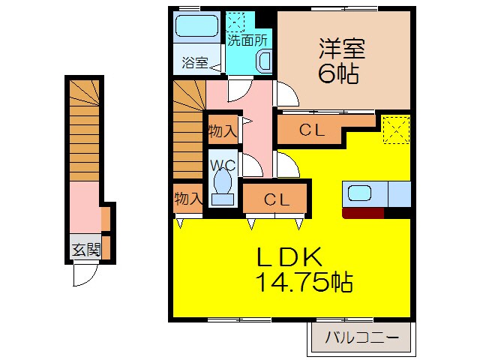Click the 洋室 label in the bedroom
pos(341,49)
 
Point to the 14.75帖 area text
pos(304,283)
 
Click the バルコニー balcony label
pos(362,337)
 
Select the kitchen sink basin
pos(360,193)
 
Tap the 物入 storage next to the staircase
pos(223,130)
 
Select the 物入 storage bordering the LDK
pos(187,199)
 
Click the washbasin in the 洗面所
pos(265,61)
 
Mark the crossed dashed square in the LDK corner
pos(395,129)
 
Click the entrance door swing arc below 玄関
pos(82,277)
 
